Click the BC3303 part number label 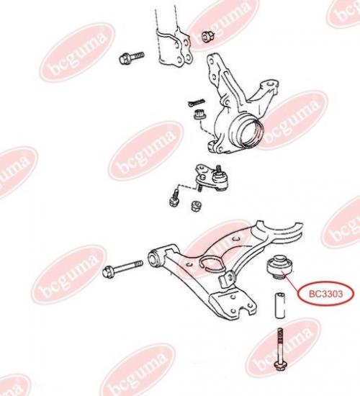click(325, 294)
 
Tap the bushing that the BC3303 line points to click(279, 266)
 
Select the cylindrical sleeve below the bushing click(280, 305)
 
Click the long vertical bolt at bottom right click(279, 349)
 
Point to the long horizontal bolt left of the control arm click(122, 269)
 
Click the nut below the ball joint click(196, 206)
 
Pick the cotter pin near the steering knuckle click(196, 102)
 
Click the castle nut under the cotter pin click(199, 114)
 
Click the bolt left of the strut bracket click(131, 58)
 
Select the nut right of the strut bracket click(208, 36)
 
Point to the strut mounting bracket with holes click(176, 48)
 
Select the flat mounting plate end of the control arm click(232, 305)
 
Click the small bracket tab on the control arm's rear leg click(228, 279)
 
